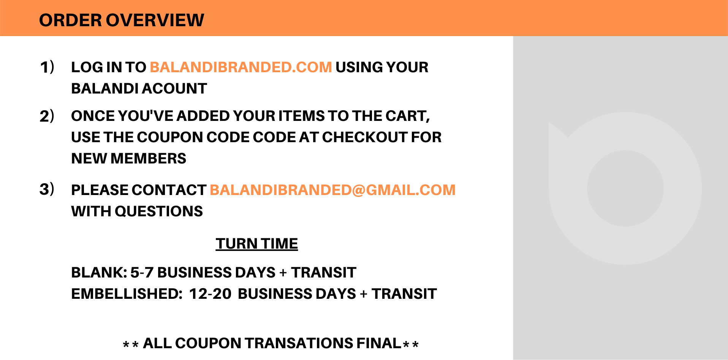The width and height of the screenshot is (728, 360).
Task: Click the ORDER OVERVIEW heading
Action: (122, 20)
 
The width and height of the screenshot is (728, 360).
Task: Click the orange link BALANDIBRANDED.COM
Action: (241, 67)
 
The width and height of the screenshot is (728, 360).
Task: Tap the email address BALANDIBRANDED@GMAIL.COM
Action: (332, 190)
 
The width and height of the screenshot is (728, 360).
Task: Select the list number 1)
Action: (47, 67)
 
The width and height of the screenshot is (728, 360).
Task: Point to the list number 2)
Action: (47, 116)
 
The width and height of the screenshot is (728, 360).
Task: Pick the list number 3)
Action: (47, 189)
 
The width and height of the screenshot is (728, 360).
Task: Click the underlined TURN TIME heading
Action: (257, 244)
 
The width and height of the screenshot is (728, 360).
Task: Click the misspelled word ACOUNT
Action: (174, 89)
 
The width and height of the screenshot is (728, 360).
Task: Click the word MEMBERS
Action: (148, 159)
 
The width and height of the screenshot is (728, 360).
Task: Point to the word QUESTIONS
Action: (159, 211)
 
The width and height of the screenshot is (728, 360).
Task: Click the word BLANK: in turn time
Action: (99, 273)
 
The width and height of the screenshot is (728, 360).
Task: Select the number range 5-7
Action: (142, 273)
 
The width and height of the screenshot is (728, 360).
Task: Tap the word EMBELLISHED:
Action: (127, 294)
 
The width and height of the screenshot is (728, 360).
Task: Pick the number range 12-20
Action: (210, 294)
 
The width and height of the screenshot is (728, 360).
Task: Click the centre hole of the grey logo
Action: (625, 189)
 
